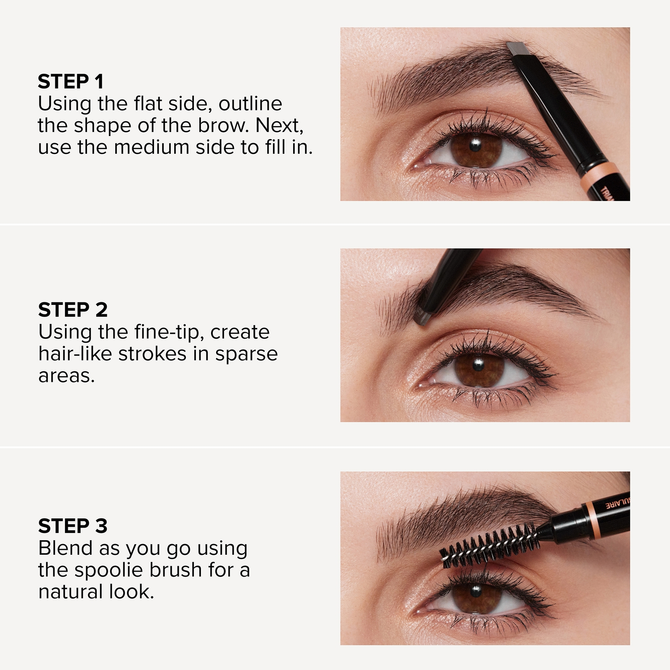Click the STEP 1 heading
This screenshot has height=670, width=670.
pyautogui.click(x=70, y=82)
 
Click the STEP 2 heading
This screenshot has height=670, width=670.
pyautogui.click(x=73, y=310)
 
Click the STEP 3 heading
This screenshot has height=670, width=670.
pyautogui.click(x=73, y=526)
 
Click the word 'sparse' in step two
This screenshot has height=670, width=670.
pyautogui.click(x=246, y=354)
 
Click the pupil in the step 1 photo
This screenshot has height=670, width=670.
pyautogui.click(x=475, y=145)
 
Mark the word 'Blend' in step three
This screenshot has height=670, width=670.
pyautogui.click(x=65, y=548)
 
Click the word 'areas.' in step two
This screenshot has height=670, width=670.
pyautogui.click(x=67, y=376)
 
